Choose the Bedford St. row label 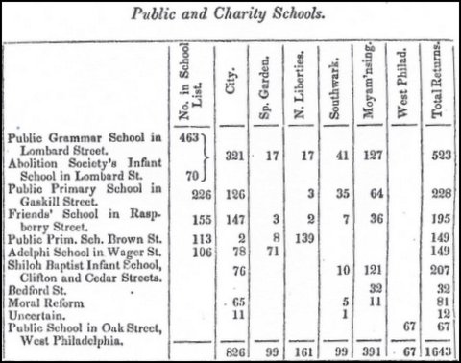point(34,286)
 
